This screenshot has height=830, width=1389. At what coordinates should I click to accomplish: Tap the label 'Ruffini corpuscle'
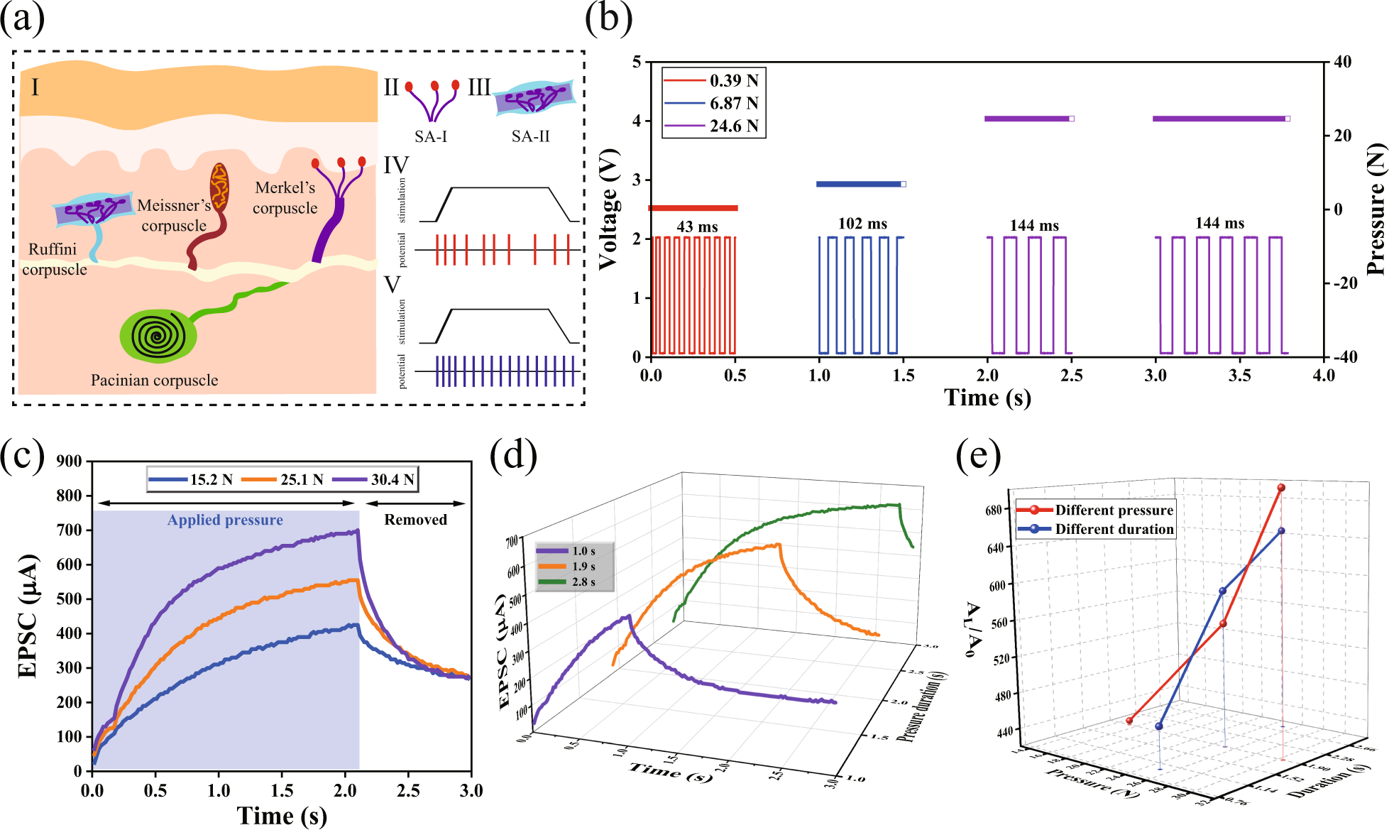(x=53, y=259)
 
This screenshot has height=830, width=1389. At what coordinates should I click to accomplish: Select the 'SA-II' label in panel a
(x=530, y=136)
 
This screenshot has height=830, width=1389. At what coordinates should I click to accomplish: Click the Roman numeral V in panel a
(x=392, y=285)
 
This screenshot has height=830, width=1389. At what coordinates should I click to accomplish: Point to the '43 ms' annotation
(x=697, y=226)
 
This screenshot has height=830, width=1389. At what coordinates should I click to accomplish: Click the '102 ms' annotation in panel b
(x=862, y=224)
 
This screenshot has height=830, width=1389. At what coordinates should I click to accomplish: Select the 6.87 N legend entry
(x=713, y=104)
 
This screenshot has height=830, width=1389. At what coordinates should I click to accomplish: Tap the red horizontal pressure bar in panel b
(x=693, y=208)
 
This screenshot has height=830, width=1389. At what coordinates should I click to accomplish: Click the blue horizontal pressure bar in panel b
(x=860, y=184)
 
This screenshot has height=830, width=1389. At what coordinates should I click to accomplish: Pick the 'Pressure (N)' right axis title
(x=1376, y=209)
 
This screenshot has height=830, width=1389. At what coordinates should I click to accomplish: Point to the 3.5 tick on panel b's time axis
(x=1239, y=375)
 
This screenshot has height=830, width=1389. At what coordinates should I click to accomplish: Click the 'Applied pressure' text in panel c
(x=225, y=520)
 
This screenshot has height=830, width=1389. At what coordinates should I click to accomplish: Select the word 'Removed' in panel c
(x=415, y=520)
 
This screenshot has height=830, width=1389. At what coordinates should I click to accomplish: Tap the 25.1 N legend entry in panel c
(x=283, y=480)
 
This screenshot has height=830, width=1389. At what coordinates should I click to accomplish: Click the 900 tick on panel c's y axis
(x=69, y=462)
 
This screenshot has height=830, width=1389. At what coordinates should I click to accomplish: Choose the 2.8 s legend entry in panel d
(x=574, y=581)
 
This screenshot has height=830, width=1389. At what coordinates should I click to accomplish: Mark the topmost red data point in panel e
(x=1281, y=488)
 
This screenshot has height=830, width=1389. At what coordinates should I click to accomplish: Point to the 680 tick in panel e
(x=993, y=510)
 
